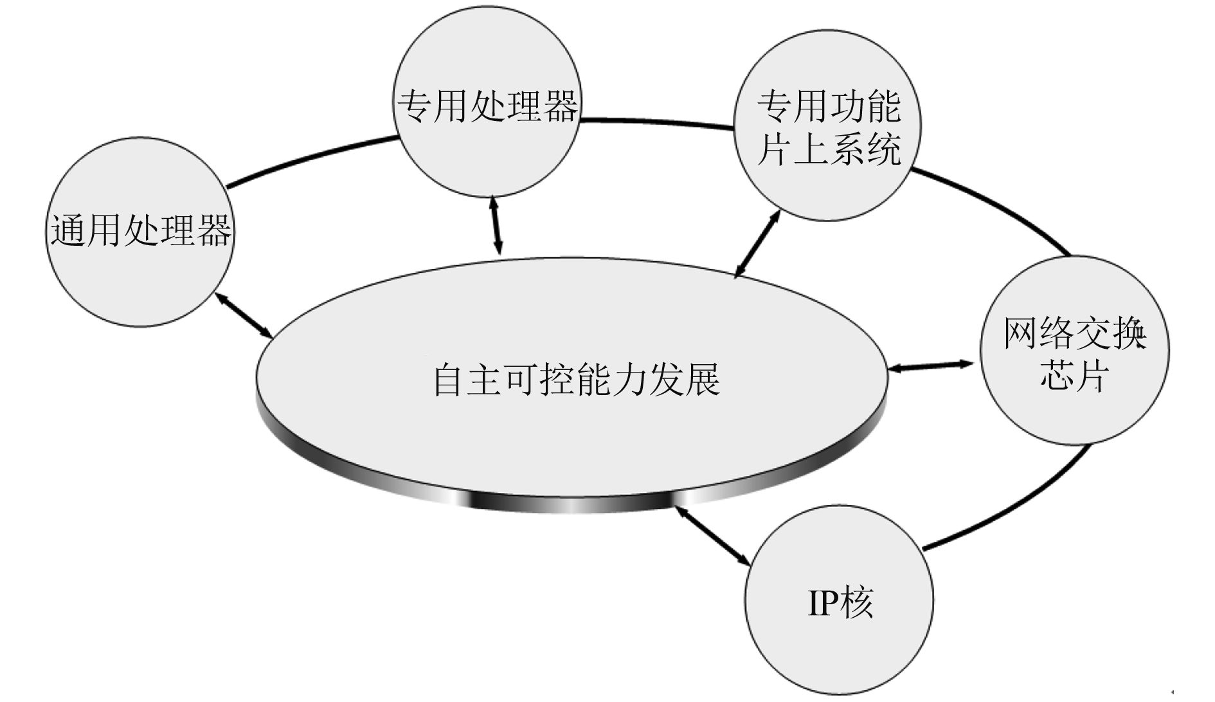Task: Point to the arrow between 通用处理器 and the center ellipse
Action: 244,316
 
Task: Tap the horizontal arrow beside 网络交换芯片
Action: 931,366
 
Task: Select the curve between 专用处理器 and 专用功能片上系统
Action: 656,122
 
